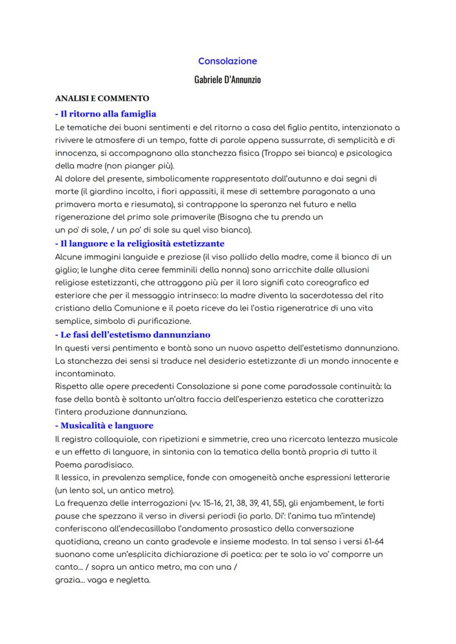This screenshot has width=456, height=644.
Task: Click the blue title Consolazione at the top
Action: [227, 61]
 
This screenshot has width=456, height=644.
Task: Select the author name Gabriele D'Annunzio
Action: [227, 80]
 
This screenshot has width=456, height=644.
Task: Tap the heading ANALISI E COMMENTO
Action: [102, 99]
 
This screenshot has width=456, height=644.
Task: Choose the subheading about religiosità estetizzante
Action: [140, 243]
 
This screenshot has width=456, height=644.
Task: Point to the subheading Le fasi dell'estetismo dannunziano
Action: [133, 334]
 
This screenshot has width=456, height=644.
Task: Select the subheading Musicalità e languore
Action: [104, 425]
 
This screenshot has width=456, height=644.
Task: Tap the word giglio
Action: [66, 269]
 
